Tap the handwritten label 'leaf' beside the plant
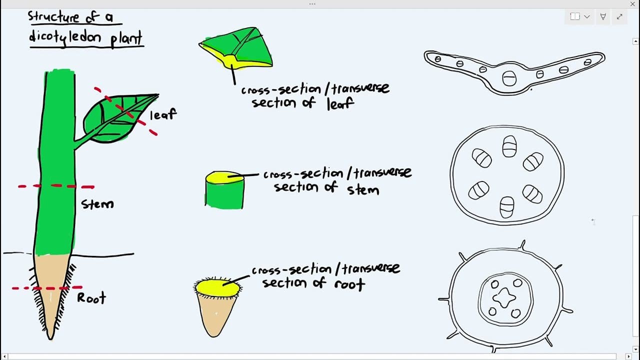click(x=163, y=114)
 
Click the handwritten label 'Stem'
click(x=97, y=203)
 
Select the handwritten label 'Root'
click(x=91, y=298)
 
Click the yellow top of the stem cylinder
click(x=224, y=177)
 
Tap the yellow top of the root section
click(x=217, y=287)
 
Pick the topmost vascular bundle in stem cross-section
click(x=509, y=146)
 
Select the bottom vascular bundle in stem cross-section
click(x=507, y=207)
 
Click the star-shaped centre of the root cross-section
click(x=504, y=298)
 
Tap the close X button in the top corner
click(x=632, y=4)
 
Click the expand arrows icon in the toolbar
click(x=619, y=16)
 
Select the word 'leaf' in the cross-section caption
click(x=340, y=103)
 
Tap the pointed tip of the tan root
click(x=50, y=339)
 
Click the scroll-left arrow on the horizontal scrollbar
click(x=4, y=356)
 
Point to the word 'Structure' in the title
click(x=53, y=16)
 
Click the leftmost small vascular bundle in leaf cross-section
click(x=437, y=59)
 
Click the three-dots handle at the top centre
click(x=312, y=4)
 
